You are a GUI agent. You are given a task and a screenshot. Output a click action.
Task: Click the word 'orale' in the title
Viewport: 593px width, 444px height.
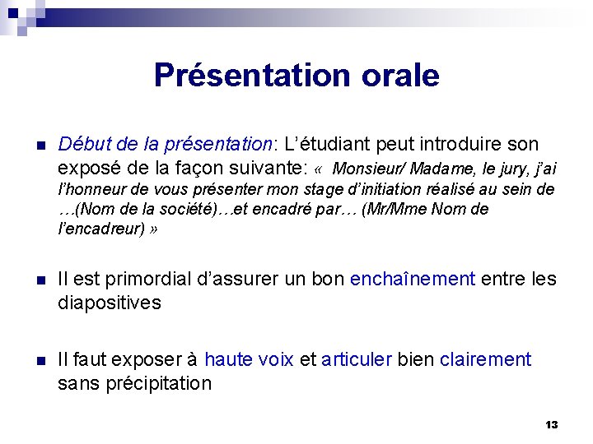point(399,76)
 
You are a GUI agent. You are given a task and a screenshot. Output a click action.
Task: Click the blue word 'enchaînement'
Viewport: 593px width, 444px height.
point(413,280)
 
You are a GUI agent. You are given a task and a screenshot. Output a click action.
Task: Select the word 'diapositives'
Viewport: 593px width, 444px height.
point(110,303)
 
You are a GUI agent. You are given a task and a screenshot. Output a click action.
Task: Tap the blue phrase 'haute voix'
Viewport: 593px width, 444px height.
point(249,359)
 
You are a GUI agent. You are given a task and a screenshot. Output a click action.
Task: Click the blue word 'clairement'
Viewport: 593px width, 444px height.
point(486,359)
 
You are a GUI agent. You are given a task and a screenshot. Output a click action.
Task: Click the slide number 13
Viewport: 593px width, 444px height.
point(551,425)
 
